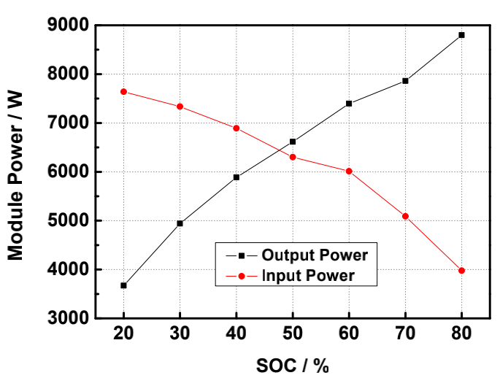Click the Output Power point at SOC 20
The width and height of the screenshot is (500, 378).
point(124,285)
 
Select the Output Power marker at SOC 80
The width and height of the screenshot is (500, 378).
point(461,35)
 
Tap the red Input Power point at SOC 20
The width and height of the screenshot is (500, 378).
point(124,92)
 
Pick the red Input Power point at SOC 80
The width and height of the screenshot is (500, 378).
point(461,271)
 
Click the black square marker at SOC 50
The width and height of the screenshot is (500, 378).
point(293,142)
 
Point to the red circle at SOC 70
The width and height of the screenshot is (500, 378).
point(405,216)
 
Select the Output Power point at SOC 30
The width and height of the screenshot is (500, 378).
point(180,223)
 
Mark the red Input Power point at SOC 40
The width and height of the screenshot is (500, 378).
point(236,128)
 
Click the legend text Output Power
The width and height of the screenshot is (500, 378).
point(314,255)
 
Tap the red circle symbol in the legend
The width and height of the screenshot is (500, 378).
point(242,275)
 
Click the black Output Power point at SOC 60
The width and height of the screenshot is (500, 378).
point(349,104)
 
